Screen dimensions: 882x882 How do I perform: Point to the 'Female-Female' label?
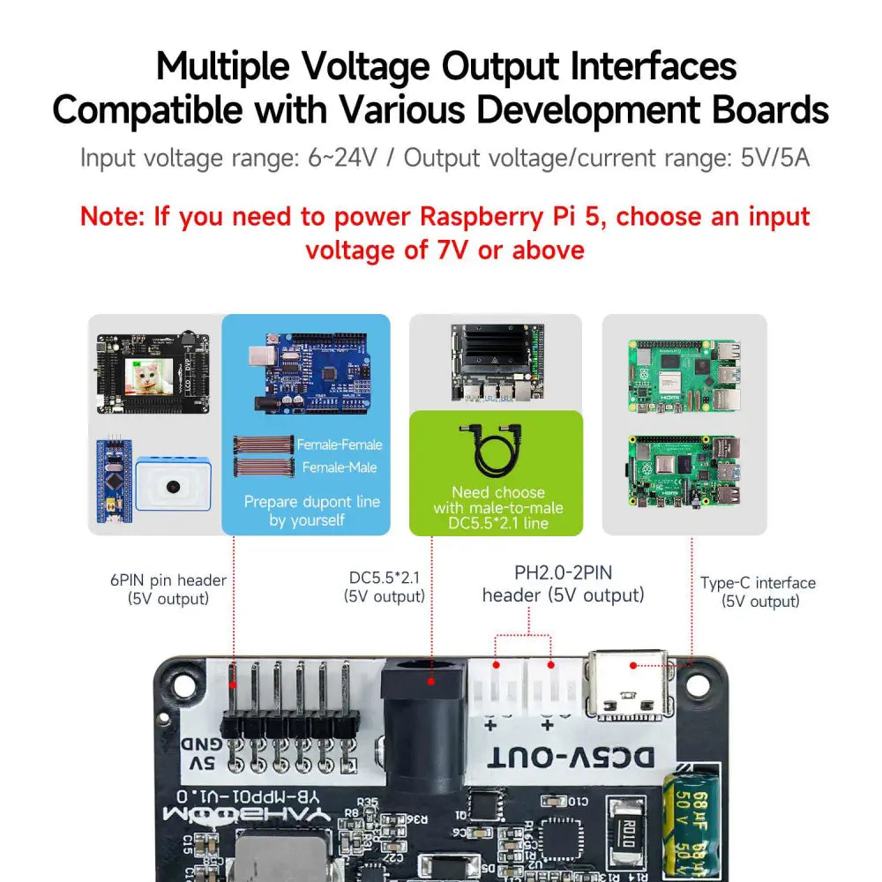pyautogui.click(x=340, y=445)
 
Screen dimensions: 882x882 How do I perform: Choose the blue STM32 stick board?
pyautogui.click(x=111, y=485)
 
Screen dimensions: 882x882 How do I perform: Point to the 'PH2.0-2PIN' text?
pyautogui.click(x=563, y=573)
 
